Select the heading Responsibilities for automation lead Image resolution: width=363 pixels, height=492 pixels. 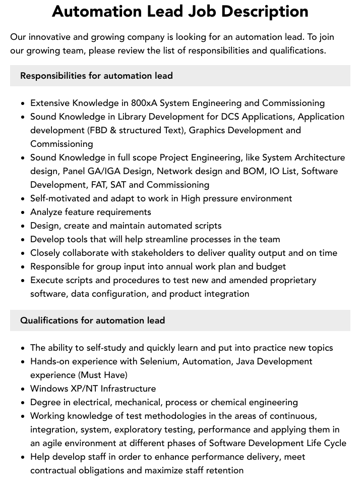pyautogui.click(x=96, y=76)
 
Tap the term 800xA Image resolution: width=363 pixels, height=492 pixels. pyautogui.click(x=144, y=103)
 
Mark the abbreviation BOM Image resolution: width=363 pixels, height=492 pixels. pyautogui.click(x=255, y=171)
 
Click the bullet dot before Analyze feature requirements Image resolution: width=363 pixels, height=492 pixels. pyautogui.click(x=23, y=212)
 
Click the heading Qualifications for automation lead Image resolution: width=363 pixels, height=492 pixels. pyautogui.click(x=92, y=320)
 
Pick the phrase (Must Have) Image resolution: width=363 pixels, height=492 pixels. pyautogui.click(x=103, y=375)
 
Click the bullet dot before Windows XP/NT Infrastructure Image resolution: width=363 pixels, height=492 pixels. pyautogui.click(x=23, y=389)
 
